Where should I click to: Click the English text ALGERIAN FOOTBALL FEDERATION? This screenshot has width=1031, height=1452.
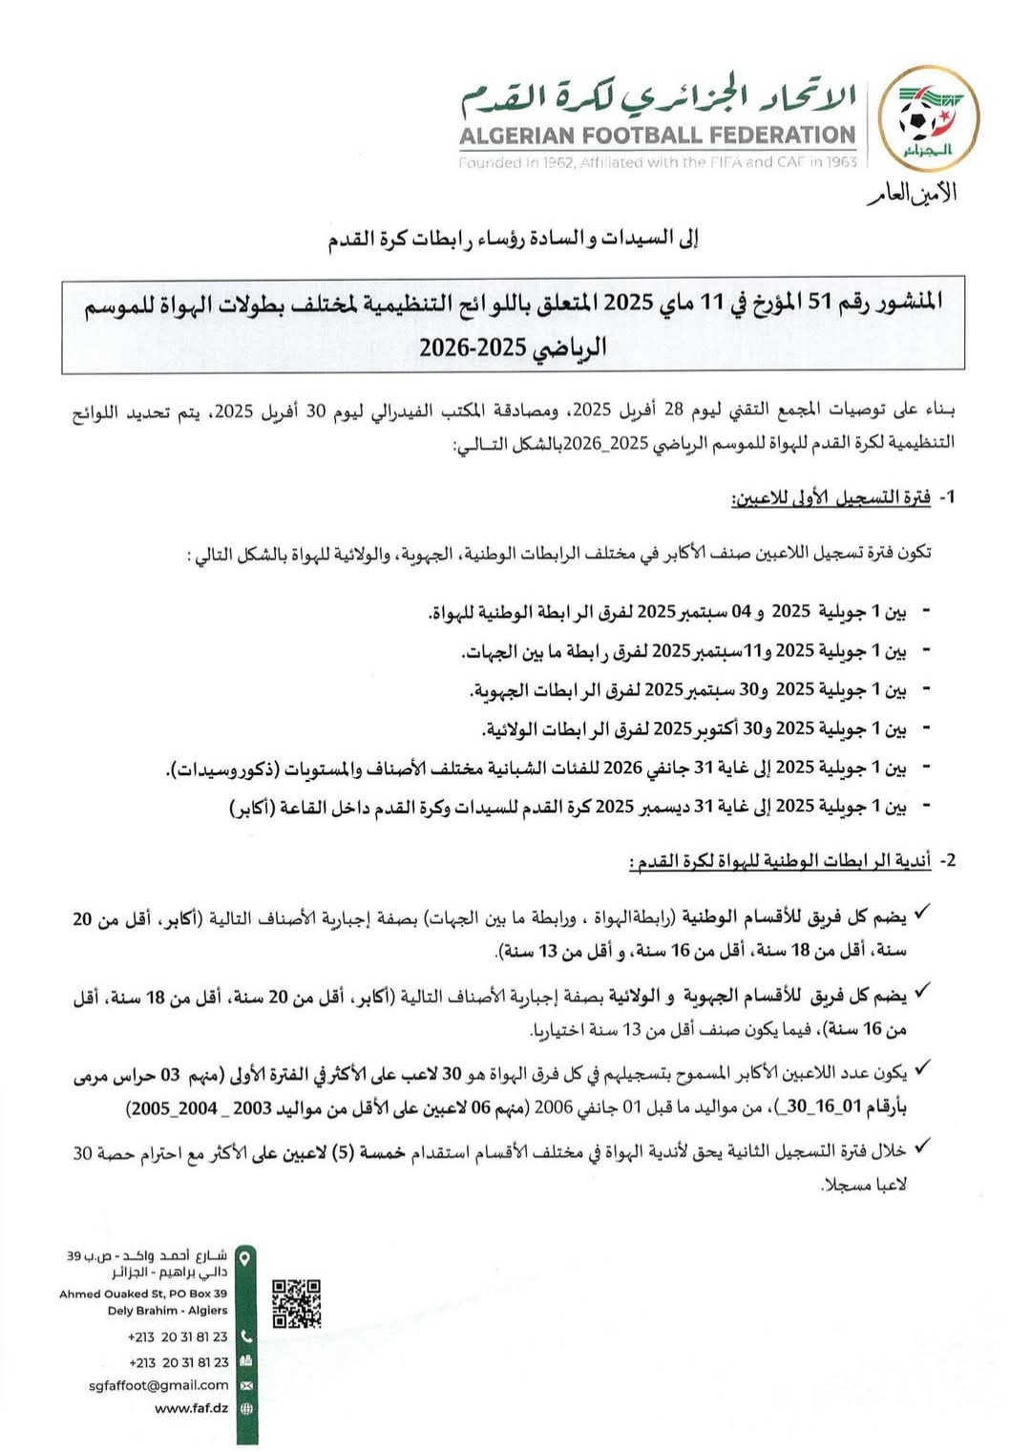pos(657,136)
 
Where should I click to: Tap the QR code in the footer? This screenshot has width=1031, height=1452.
pos(296,1303)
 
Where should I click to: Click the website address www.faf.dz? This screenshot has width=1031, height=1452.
pos(191,1408)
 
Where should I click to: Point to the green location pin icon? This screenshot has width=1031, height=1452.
pos(245,1259)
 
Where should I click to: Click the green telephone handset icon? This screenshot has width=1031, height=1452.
pos(246,1336)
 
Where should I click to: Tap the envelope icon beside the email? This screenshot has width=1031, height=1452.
pos(246,1385)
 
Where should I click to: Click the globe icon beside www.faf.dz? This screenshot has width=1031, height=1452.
pos(246,1408)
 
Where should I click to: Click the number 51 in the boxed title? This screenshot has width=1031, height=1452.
pos(821,303)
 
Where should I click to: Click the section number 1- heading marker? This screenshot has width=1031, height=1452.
pos(946,497)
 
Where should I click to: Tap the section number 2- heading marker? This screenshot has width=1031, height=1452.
pos(946,860)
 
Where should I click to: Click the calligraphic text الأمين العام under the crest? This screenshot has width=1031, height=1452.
pos(912,194)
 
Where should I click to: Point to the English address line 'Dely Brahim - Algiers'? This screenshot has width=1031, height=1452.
pos(167,1311)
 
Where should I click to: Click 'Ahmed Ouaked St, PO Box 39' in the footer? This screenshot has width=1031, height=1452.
pos(143,1294)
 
